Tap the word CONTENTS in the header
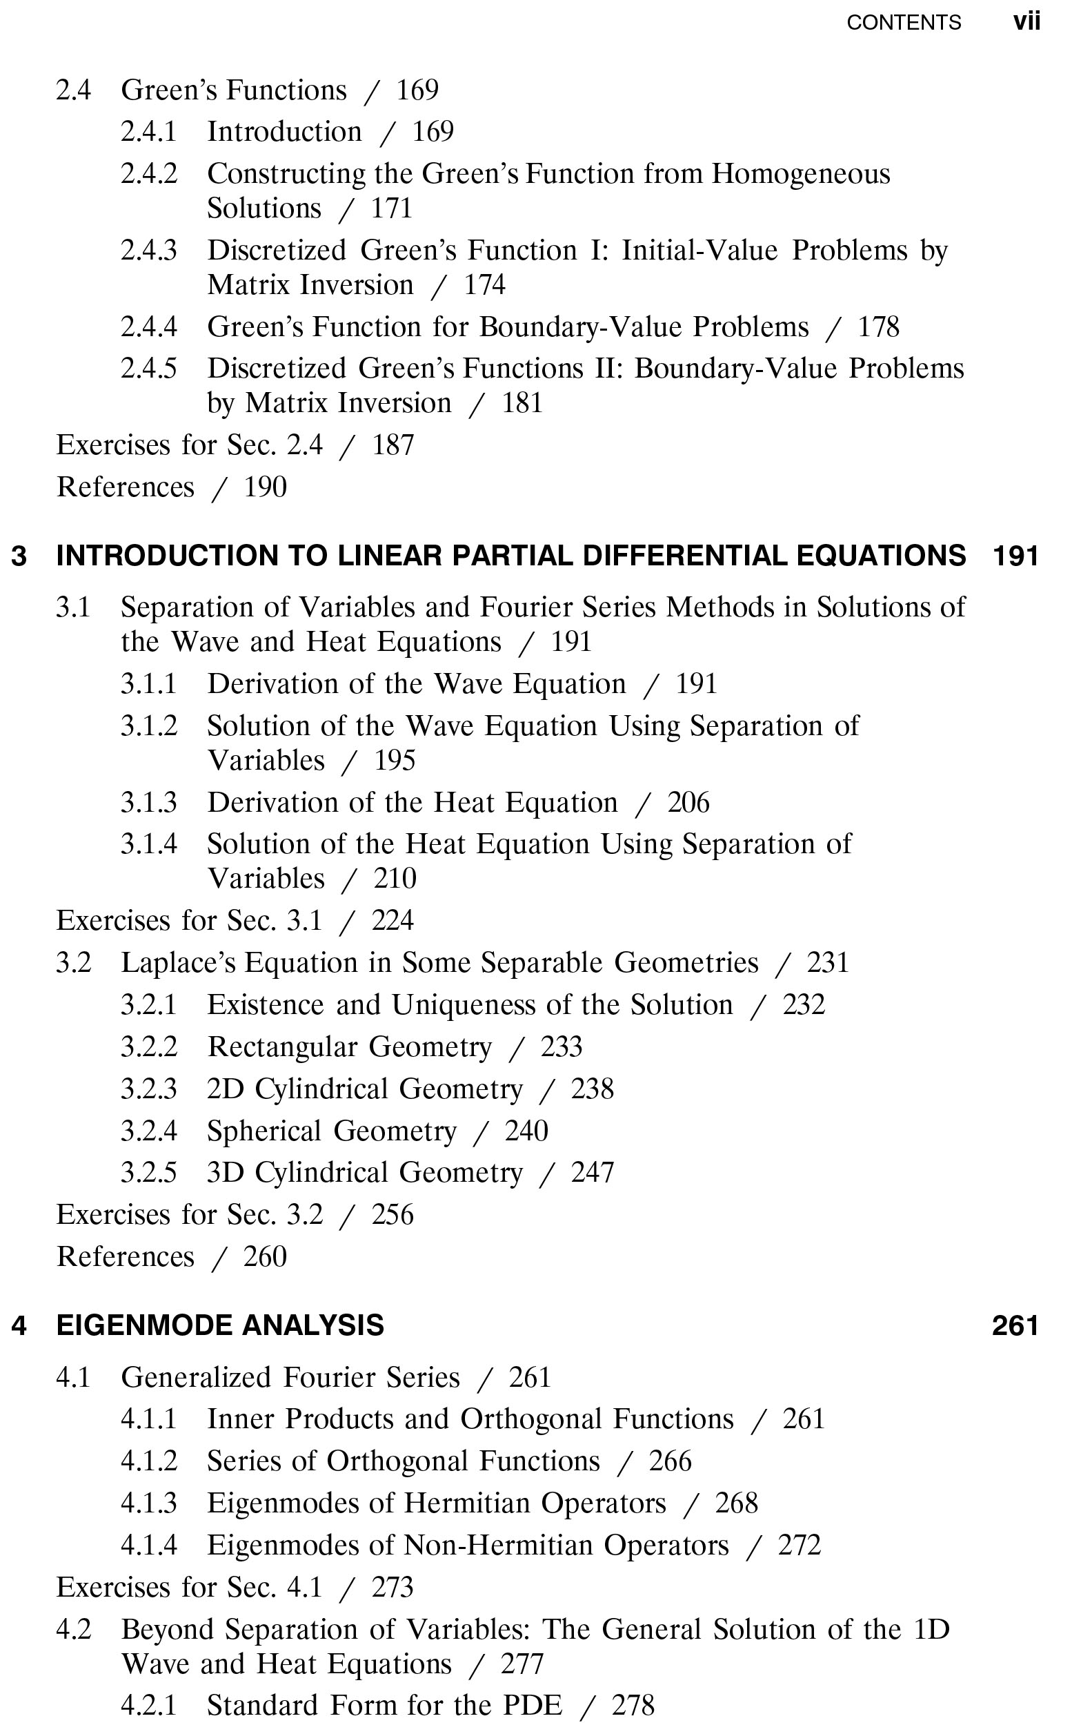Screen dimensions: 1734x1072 coord(904,23)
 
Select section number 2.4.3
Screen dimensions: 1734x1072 coord(149,251)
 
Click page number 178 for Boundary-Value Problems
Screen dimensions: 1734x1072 coord(878,327)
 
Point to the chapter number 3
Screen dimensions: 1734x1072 coord(19,556)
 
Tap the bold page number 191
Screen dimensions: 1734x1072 coord(1015,556)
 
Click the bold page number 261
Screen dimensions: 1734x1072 coord(1015,1326)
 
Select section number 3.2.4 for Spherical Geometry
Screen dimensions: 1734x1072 coord(149,1131)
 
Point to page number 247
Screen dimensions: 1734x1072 coord(593,1173)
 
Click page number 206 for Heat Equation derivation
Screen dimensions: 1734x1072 coord(688,802)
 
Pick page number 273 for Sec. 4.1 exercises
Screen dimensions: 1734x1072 coord(392,1587)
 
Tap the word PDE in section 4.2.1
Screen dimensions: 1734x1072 coord(533,1705)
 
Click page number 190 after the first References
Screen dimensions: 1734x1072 coord(265,487)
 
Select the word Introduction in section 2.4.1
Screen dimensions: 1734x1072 coord(284,132)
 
